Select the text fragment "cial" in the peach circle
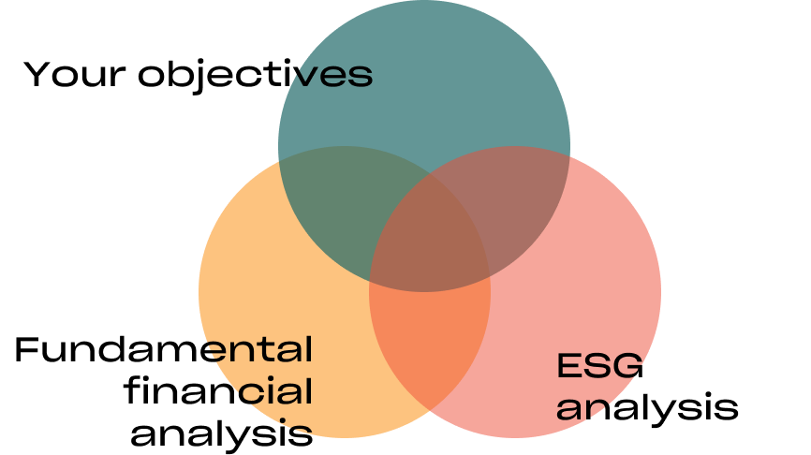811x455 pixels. pyautogui.click(x=271, y=391)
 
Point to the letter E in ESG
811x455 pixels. pyautogui.click(x=569, y=366)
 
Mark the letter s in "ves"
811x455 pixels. pyautogui.click(x=360, y=77)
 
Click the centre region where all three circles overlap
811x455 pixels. pyautogui.click(x=430, y=234)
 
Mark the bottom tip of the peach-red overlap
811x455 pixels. pyautogui.click(x=430, y=409)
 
